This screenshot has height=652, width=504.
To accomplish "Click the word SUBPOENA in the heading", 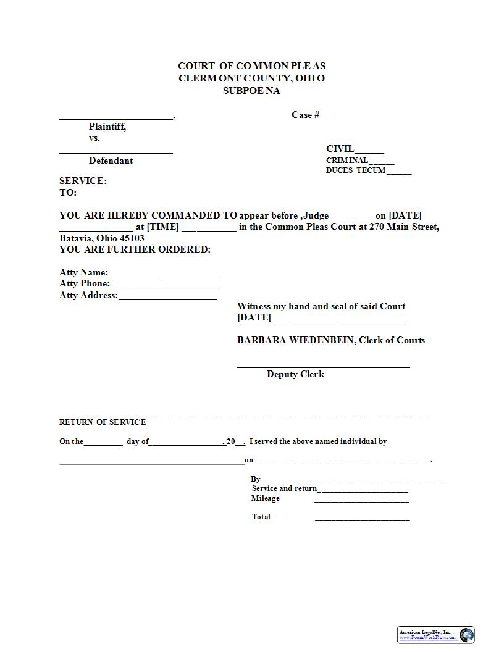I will pyautogui.click(x=251, y=91).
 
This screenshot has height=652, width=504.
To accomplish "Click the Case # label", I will pyautogui.click(x=305, y=115).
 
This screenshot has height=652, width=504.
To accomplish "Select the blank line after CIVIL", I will pyautogui.click(x=369, y=151).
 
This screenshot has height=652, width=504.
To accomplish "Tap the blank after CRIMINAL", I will pyautogui.click(x=381, y=162).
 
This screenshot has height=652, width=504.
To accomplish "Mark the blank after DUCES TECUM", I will pyautogui.click(x=399, y=172).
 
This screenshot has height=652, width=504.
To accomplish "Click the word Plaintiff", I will pyautogui.click(x=107, y=127).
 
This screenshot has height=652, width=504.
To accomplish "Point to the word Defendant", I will pyautogui.click(x=111, y=161).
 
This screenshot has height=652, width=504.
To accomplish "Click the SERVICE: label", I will pyautogui.click(x=83, y=181).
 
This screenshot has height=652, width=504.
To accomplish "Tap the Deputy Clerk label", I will pyautogui.click(x=295, y=374).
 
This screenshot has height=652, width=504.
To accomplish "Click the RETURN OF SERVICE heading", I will pyautogui.click(x=103, y=422).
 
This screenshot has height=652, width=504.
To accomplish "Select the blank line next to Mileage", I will pyautogui.click(x=362, y=501).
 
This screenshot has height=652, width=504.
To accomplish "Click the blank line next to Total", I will pyautogui.click(x=362, y=519).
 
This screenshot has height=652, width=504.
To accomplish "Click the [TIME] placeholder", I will pyautogui.click(x=162, y=227).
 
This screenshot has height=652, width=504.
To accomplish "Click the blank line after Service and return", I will pyautogui.click(x=363, y=491).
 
